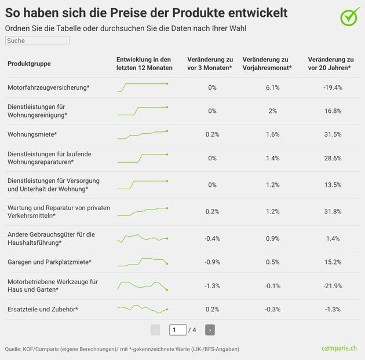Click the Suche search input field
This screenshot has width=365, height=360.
37,41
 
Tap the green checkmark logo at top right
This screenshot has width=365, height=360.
349,17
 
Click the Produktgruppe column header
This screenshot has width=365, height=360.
29,64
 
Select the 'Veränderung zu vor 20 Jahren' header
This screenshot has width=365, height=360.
331,64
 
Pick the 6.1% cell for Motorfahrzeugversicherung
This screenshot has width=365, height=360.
273,87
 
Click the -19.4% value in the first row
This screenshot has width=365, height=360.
333,87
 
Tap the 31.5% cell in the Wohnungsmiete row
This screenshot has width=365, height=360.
333,134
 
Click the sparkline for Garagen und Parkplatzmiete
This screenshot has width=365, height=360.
143,261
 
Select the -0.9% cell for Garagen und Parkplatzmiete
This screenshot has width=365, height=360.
212,262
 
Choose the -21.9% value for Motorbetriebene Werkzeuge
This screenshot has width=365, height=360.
333,286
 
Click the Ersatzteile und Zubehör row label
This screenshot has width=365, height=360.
42,310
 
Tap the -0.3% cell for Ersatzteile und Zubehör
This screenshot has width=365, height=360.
273,310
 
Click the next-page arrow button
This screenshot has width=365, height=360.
210,330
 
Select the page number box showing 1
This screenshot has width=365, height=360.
178,330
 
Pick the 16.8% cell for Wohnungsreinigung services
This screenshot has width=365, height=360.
333,111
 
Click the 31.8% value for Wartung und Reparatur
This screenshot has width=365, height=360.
333,212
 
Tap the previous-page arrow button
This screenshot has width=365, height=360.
155,330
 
